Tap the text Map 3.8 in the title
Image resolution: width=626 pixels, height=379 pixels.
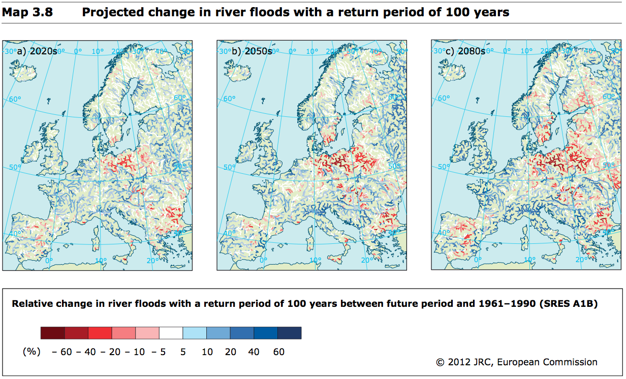(x=28, y=12)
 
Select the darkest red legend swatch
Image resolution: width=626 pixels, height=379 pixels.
(x=52, y=333)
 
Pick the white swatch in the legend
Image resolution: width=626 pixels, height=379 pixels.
(x=171, y=333)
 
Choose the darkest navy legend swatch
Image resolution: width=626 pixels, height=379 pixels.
(x=289, y=333)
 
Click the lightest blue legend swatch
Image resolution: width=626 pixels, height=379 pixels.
(x=195, y=333)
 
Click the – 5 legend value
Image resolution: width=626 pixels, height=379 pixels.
(x=159, y=352)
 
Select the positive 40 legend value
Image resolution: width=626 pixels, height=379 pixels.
(x=255, y=352)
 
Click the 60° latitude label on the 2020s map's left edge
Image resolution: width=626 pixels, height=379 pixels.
(x=16, y=99)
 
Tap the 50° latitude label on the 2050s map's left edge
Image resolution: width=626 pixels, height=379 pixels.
(x=229, y=167)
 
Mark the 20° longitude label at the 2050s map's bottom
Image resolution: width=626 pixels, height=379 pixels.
(x=364, y=261)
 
